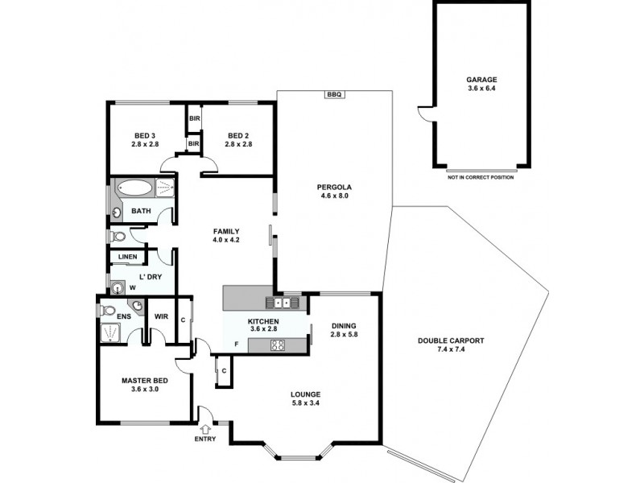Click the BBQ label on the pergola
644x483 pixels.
[x=334, y=95]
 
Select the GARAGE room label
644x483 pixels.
[x=481, y=80]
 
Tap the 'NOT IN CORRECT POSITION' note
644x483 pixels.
[x=481, y=177]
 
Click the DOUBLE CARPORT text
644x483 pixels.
[x=450, y=341]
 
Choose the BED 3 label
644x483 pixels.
[x=145, y=135]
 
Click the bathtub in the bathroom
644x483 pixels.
[x=134, y=189]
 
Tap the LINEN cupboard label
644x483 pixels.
[x=127, y=258]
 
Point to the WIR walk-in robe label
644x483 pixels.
[x=160, y=317]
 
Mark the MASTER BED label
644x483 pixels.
[x=145, y=381]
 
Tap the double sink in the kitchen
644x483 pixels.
[x=282, y=303]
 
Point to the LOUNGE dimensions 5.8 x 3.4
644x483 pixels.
[x=306, y=403]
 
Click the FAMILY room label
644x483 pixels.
[x=226, y=230]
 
